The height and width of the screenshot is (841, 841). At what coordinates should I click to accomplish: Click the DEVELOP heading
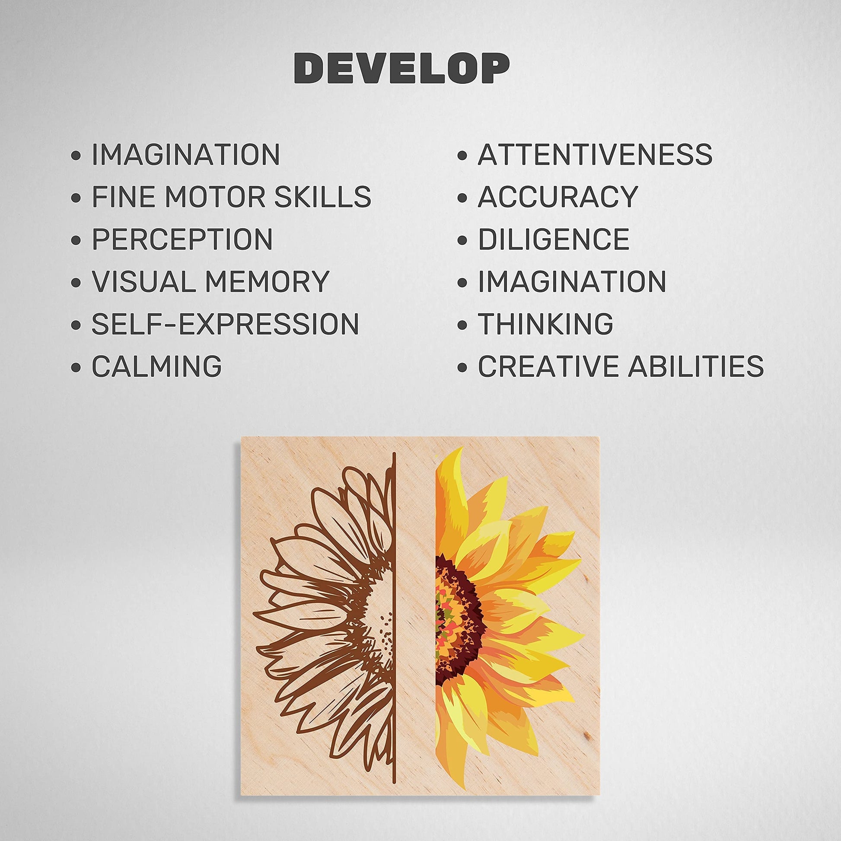point(401,68)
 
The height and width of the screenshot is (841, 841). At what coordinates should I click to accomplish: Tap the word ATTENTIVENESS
point(595,154)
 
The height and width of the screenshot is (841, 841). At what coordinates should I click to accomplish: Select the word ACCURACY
point(558,196)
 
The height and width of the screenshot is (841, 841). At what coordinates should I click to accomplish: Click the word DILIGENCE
point(554,239)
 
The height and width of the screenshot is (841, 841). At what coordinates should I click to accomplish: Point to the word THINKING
point(546,323)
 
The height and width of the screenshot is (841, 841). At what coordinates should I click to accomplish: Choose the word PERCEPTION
point(182,239)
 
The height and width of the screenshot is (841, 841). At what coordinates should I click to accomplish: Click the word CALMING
point(157,366)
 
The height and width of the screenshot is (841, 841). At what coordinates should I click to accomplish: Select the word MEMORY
point(267,281)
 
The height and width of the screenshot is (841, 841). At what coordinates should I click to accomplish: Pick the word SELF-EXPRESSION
point(225,323)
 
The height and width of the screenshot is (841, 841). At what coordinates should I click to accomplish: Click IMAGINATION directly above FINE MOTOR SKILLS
point(185,154)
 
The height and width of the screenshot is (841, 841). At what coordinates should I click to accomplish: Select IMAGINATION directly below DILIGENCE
point(572,281)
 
